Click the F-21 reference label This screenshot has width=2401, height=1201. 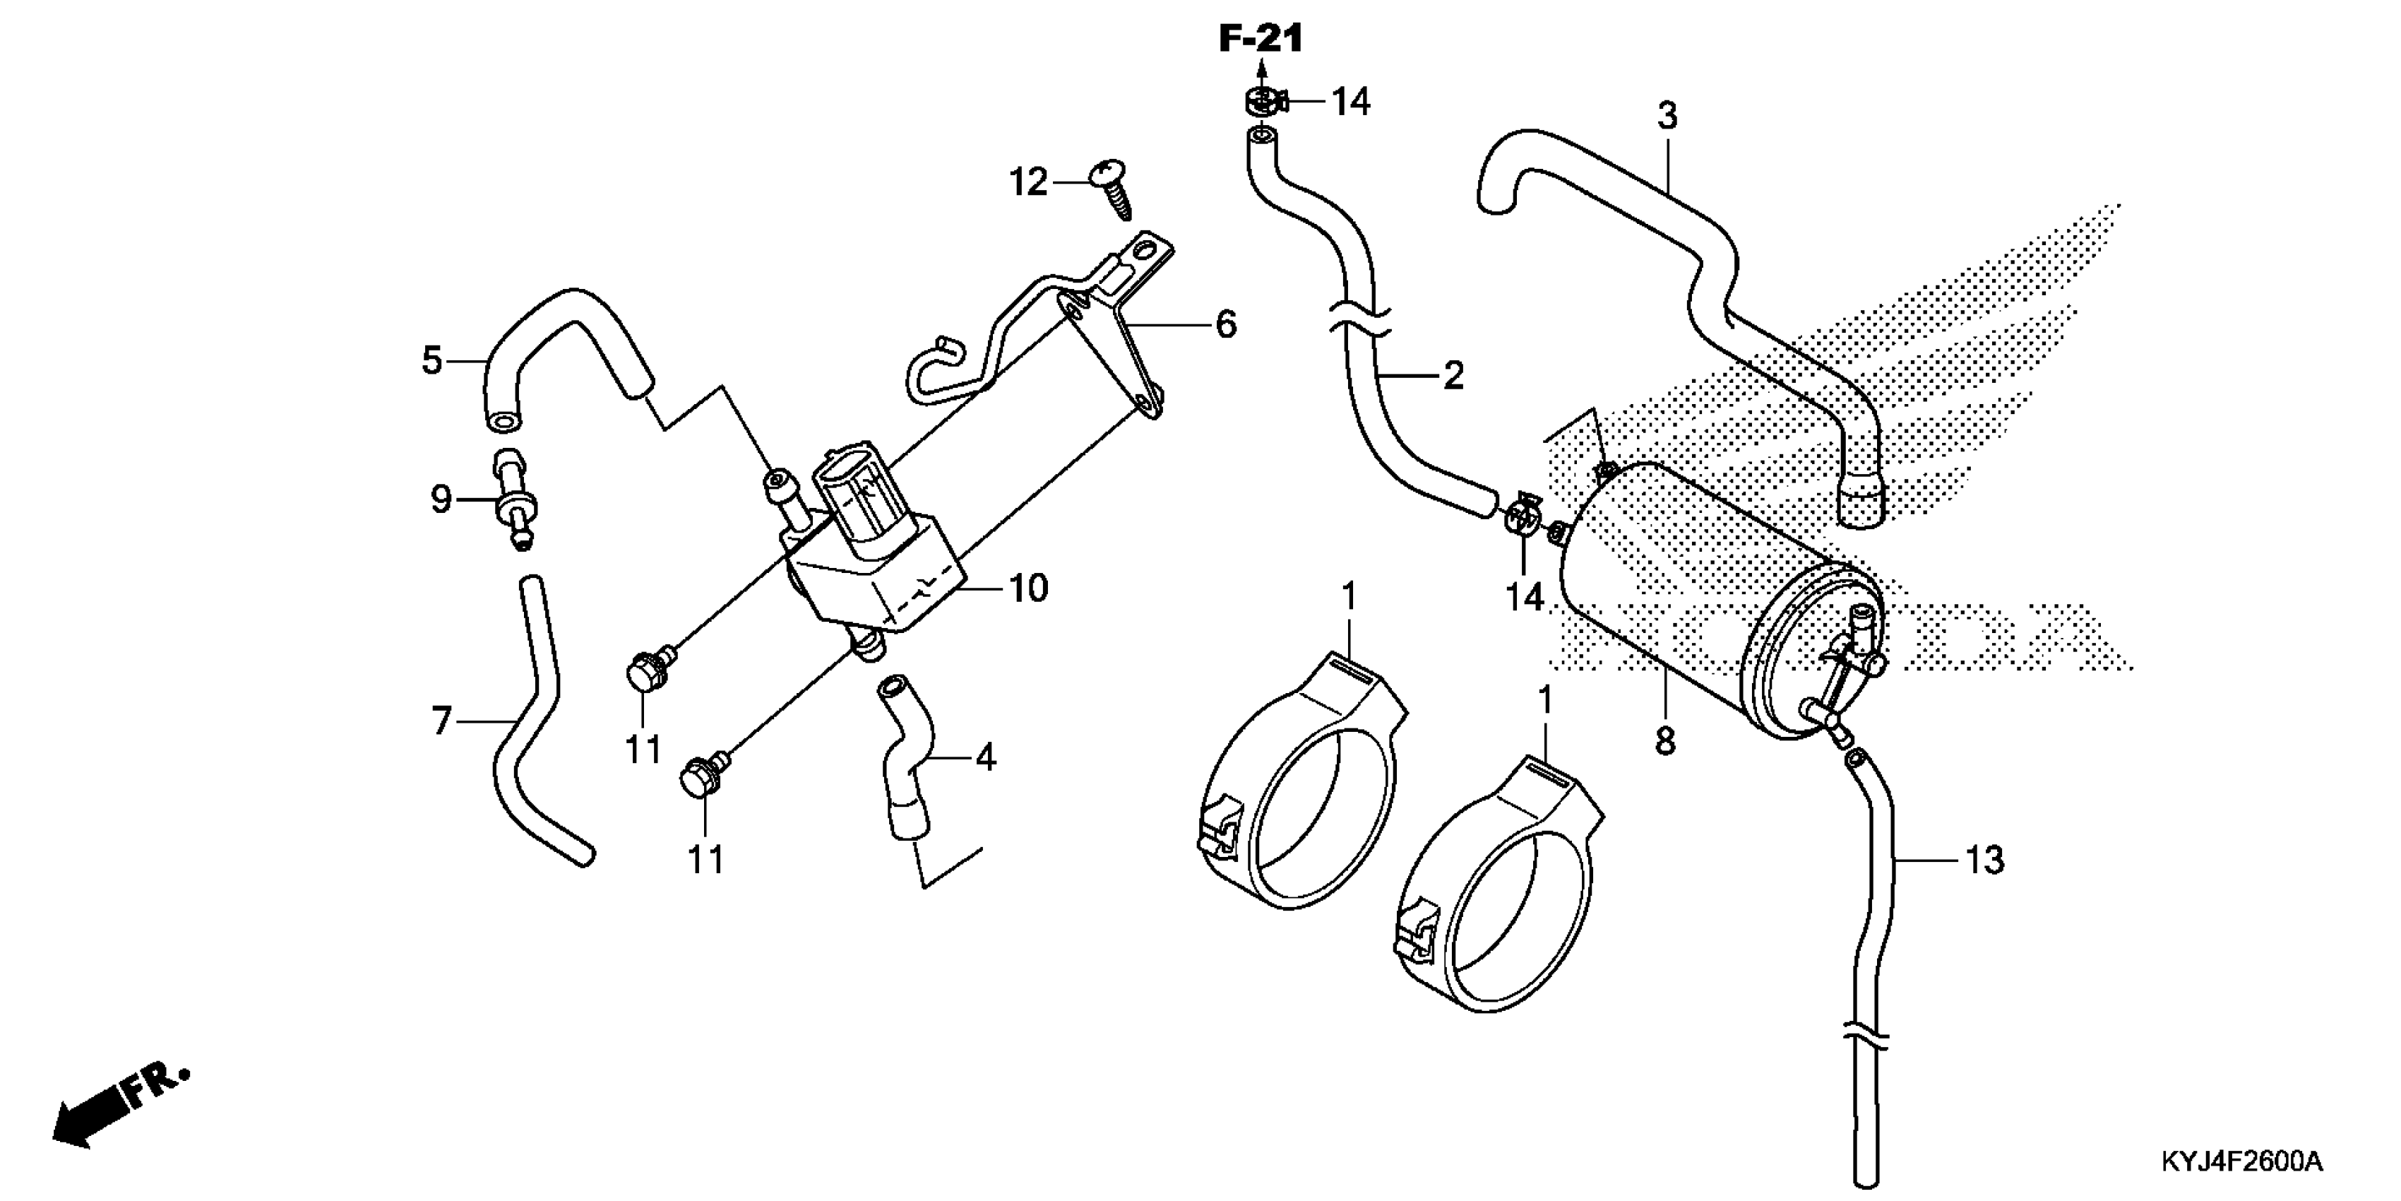(1260, 39)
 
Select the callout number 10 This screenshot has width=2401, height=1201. (1029, 588)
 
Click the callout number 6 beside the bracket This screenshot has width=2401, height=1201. (1226, 324)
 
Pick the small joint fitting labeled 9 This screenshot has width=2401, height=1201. (515, 499)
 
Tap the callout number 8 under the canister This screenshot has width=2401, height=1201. (1664, 740)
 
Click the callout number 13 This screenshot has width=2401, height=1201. (1984, 860)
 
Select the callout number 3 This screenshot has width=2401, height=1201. (1667, 117)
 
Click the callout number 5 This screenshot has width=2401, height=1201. (431, 359)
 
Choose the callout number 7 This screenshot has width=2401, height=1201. (442, 720)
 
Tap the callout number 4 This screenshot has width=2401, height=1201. (985, 757)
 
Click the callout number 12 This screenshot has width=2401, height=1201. (1028, 183)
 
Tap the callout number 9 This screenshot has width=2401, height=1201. (441, 499)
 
